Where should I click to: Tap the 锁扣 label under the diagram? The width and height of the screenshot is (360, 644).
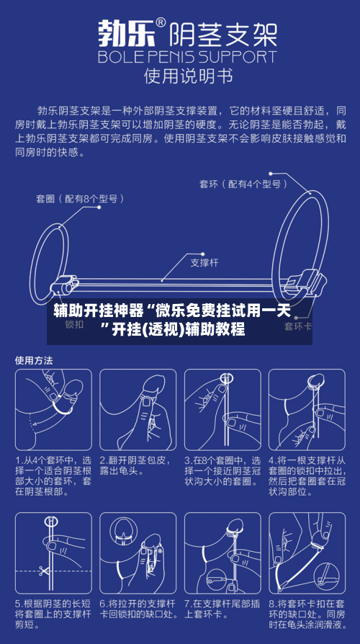[x=75, y=325]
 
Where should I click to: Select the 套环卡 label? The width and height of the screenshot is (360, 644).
[x=297, y=326]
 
